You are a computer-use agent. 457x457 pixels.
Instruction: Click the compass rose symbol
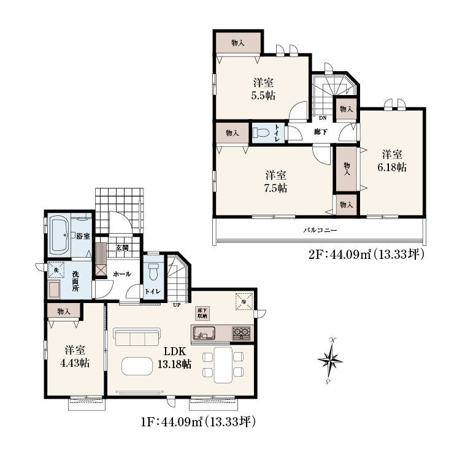pyautogui.click(x=330, y=361)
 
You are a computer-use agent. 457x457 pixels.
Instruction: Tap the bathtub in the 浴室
pyautogui.click(x=60, y=234)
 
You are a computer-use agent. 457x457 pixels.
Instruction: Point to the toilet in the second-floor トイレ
pyautogui.click(x=261, y=132)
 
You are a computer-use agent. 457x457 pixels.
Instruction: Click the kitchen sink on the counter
pyautogui.click(x=204, y=333)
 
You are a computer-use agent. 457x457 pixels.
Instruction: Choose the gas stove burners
pyautogui.click(x=241, y=333)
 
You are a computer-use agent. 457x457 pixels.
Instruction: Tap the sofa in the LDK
pyautogui.click(x=137, y=337)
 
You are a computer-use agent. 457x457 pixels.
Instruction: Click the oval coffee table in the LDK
pyautogui.click(x=137, y=366)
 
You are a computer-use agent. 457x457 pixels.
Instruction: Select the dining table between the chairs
pyautogui.click(x=223, y=364)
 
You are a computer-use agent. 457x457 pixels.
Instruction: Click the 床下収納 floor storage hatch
pyautogui.click(x=202, y=313)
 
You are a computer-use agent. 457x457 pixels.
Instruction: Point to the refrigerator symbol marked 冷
pyautogui.click(x=244, y=301)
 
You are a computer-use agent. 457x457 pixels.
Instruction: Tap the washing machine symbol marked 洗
pyautogui.click(x=56, y=270)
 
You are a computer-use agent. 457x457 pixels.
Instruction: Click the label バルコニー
pyautogui.click(x=320, y=230)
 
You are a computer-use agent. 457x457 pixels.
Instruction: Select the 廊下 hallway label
pyautogui.click(x=321, y=132)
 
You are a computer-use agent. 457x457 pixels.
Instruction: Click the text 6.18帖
pyautogui.click(x=392, y=167)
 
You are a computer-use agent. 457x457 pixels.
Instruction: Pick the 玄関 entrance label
pyautogui.click(x=122, y=248)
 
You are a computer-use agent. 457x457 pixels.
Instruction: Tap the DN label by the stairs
pyautogui.click(x=323, y=118)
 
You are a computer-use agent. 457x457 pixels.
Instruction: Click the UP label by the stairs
pyautogui.click(x=177, y=305)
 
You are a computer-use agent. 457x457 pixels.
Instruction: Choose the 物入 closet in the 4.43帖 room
pyautogui.click(x=64, y=311)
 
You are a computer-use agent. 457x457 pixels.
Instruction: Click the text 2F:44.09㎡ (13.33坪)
pyautogui.click(x=366, y=255)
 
